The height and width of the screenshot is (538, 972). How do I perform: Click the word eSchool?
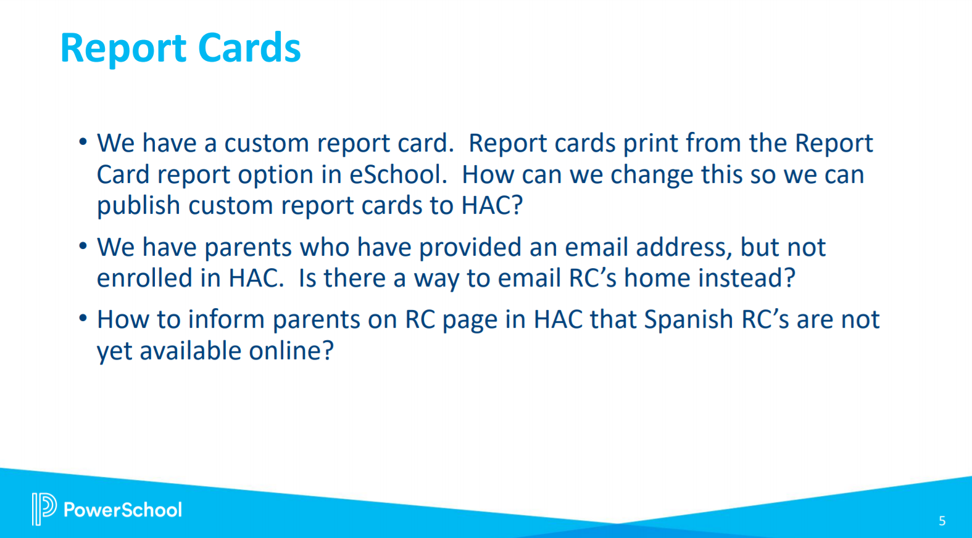pyautogui.click(x=398, y=174)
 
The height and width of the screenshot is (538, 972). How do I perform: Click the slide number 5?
pyautogui.click(x=942, y=521)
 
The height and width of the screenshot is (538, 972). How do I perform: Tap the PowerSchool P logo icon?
pyautogui.click(x=44, y=508)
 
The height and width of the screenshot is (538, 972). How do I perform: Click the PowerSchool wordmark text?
pyautogui.click(x=123, y=510)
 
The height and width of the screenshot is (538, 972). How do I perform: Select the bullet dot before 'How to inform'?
pyautogui.click(x=83, y=319)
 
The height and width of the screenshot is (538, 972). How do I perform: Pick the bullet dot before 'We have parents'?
pyautogui.click(x=83, y=247)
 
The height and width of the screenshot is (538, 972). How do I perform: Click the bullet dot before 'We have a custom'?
pyautogui.click(x=83, y=142)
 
